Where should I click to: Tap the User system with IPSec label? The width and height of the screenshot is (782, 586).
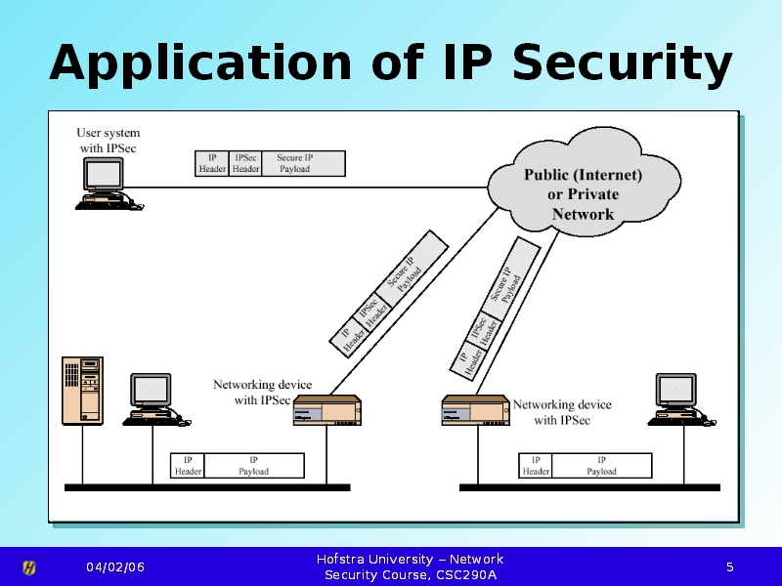tap(108, 140)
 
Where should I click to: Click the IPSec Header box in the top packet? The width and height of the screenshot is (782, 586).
tap(245, 163)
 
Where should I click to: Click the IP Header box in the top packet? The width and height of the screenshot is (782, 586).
tap(212, 163)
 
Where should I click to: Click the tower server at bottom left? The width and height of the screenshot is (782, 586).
tap(83, 390)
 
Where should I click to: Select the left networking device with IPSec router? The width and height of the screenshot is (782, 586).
tap(327, 410)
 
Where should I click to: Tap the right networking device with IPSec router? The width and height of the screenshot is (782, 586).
tap(476, 410)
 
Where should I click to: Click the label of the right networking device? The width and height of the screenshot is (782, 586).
tap(562, 412)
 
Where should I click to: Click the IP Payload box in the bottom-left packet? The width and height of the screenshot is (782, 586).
tap(254, 466)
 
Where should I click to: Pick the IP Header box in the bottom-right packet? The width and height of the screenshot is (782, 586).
tap(536, 466)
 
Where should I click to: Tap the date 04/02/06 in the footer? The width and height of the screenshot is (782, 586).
tap(115, 567)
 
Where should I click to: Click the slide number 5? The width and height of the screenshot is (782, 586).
tap(729, 567)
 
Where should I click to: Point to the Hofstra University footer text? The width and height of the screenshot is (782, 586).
tap(411, 566)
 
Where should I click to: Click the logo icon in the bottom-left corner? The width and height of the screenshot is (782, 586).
tap(29, 567)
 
